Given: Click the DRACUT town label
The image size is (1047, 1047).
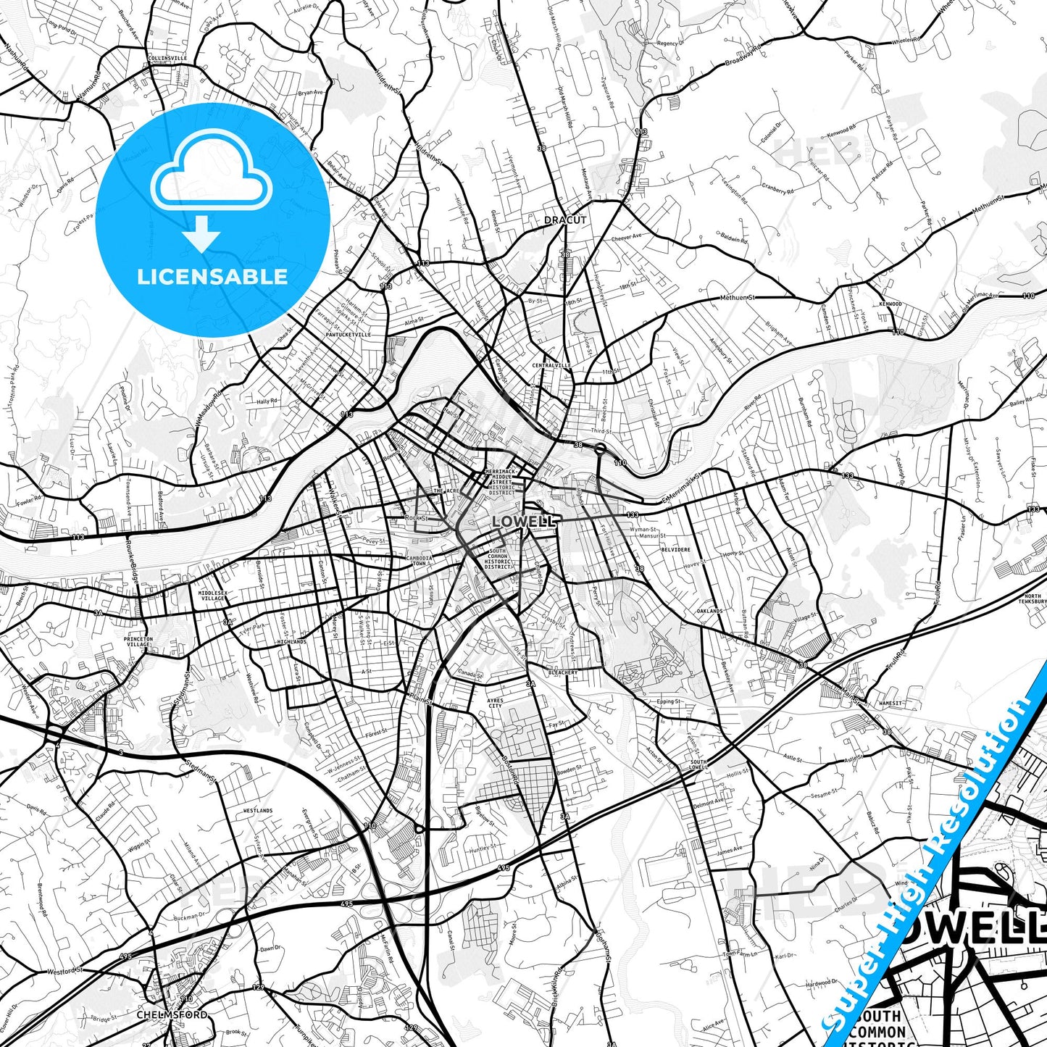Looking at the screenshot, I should [x=565, y=220].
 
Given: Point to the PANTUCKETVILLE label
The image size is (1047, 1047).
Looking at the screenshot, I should [x=348, y=335].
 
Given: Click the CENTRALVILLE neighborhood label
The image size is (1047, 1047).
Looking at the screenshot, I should [x=551, y=365].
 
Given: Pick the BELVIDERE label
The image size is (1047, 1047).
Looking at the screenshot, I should [x=675, y=550].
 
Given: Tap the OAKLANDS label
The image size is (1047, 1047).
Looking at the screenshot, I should [x=709, y=611].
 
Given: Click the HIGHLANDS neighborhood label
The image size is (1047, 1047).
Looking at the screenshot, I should [x=291, y=642].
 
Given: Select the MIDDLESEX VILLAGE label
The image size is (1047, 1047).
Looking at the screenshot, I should [x=212, y=596].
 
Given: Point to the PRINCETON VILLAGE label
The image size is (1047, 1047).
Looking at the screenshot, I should [x=138, y=642].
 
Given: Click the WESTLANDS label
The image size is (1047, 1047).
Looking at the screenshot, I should [x=257, y=810].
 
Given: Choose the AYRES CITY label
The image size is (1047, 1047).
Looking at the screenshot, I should [x=495, y=703].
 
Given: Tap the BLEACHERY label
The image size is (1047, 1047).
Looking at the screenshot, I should [x=563, y=672].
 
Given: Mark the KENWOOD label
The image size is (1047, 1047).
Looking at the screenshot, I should [x=890, y=304].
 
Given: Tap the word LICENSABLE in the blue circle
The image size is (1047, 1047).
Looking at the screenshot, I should [x=212, y=276].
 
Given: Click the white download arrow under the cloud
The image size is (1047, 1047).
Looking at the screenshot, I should [x=202, y=236].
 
